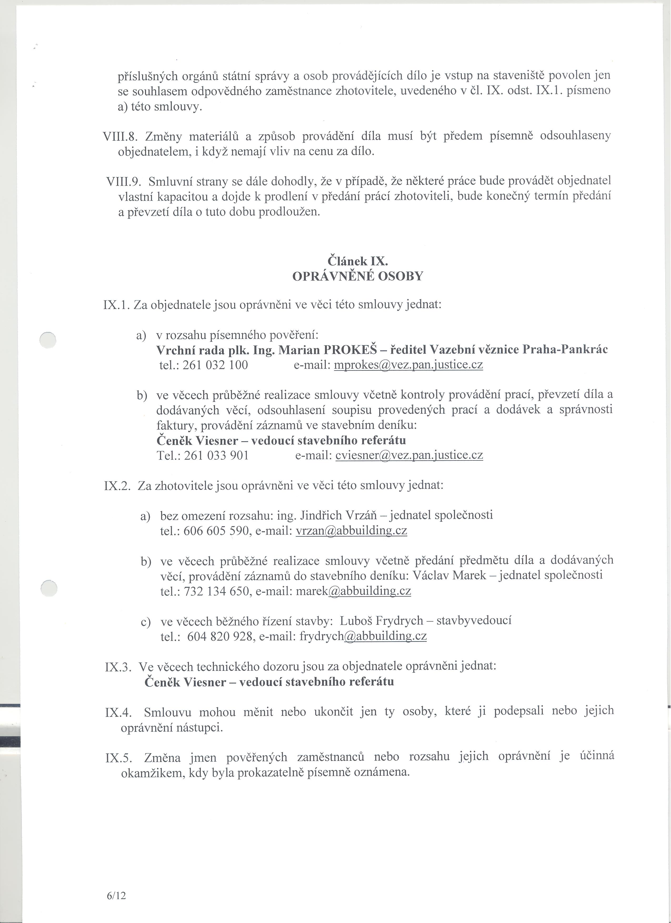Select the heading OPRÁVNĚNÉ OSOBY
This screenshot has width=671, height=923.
pyautogui.click(x=358, y=276)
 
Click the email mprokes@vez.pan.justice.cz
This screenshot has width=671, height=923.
pyautogui.click(x=408, y=365)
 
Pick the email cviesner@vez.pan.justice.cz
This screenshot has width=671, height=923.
pyautogui.click(x=409, y=455)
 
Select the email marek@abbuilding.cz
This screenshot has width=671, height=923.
pyautogui.click(x=353, y=591)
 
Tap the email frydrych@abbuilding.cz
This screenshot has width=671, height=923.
pyautogui.click(x=363, y=636)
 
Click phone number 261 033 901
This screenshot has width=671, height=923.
pyautogui.click(x=216, y=455)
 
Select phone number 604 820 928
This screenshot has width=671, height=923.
pyautogui.click(x=220, y=636)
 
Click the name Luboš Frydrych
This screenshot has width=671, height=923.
pyautogui.click(x=381, y=621)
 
